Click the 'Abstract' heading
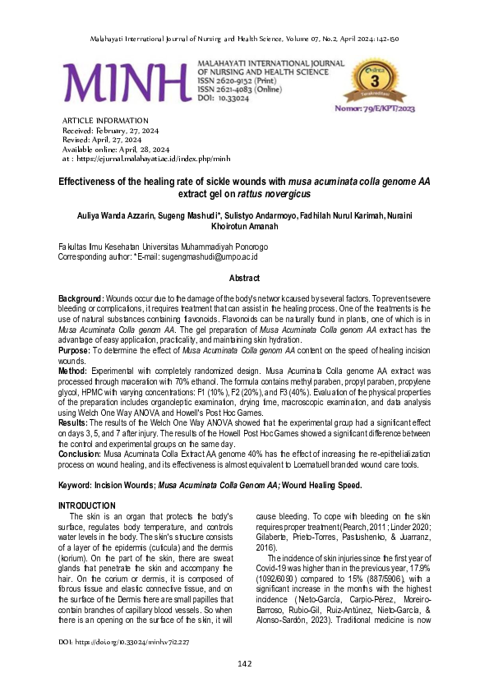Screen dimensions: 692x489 244,279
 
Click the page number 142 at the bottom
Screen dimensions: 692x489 244,664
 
